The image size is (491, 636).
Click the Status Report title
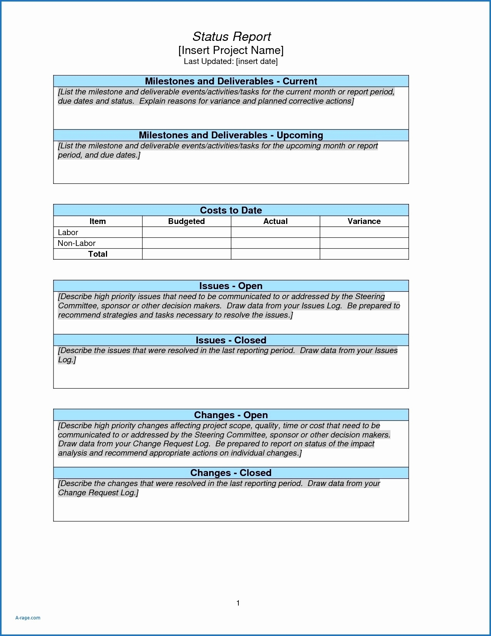tap(231, 37)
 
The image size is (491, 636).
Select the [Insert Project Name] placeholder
tap(231, 50)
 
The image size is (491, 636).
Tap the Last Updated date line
tap(231, 61)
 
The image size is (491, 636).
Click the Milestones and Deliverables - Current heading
tap(231, 81)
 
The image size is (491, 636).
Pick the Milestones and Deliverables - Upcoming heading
tap(231, 135)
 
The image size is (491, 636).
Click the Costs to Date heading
tap(231, 210)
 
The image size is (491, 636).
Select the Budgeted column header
tap(186, 221)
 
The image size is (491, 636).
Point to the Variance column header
tap(364, 221)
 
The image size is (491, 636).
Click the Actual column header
tap(275, 221)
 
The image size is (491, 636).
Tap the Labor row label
tap(68, 232)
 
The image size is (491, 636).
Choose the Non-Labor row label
tap(76, 243)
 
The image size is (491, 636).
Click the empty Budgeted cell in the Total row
tap(186, 254)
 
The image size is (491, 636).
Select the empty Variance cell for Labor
tap(364, 232)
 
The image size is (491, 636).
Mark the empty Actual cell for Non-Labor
tap(275, 243)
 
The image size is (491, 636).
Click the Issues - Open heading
tap(231, 286)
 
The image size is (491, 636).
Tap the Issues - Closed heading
tap(231, 340)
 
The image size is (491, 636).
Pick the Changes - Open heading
tap(231, 415)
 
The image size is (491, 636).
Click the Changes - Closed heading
tap(231, 473)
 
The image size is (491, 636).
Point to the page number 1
tap(238, 603)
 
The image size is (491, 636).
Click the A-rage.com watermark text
tap(28, 617)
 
